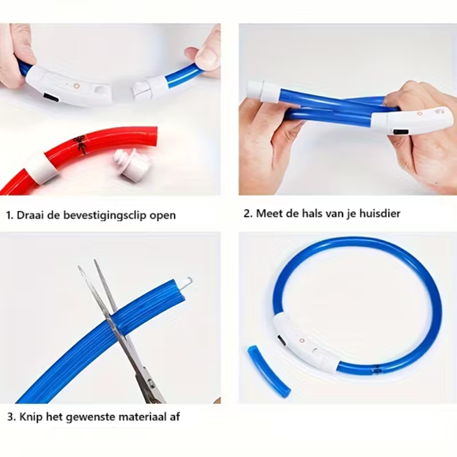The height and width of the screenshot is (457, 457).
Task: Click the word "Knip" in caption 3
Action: (31, 417)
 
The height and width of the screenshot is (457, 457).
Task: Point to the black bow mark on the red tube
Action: (81, 145)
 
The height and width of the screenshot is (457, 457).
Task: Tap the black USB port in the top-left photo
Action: (51, 98)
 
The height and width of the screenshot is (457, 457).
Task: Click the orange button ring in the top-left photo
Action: (76, 86)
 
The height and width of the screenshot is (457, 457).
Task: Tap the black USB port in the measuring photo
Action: (400, 132)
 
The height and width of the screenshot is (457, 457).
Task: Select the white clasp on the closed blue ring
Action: (304, 340)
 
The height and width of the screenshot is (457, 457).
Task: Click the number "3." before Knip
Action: (11, 417)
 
